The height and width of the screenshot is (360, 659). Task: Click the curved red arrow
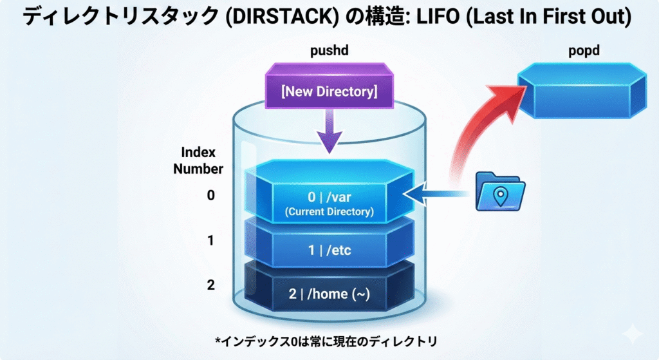click(x=484, y=129)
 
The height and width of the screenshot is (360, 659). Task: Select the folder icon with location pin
click(x=500, y=191)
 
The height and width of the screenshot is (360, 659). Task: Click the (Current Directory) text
click(x=328, y=211)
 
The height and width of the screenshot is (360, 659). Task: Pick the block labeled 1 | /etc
click(x=328, y=250)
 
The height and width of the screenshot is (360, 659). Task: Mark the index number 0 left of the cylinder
click(x=210, y=196)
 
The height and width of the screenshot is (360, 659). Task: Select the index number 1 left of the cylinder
click(x=210, y=241)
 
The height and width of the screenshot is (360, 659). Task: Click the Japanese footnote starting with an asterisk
click(x=328, y=339)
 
